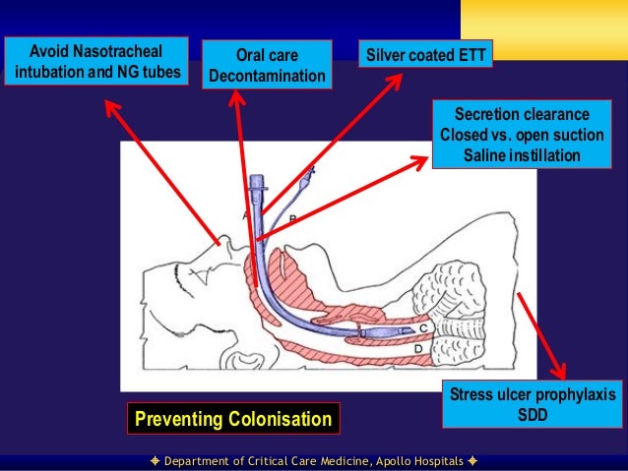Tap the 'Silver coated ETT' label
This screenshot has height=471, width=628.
tap(425, 55)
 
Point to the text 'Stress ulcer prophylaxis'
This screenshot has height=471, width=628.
tap(533, 394)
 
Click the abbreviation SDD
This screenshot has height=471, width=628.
tap(534, 414)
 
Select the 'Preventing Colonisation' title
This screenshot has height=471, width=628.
tap(232, 420)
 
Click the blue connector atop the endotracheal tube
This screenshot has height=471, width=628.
tap(257, 184)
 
